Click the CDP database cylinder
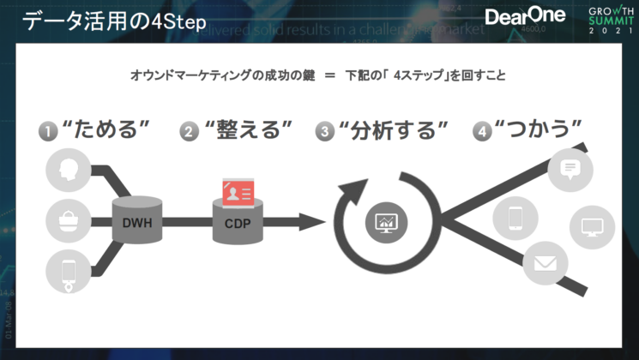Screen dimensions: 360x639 coord(238,221)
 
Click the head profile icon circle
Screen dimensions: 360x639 coord(67,171)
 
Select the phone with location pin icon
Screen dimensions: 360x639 coord(67,271)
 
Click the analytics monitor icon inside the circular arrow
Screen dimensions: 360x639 coord(386,222)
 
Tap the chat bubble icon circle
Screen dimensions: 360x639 coord(570,168)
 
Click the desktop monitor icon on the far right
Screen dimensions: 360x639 coord(592,228)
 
